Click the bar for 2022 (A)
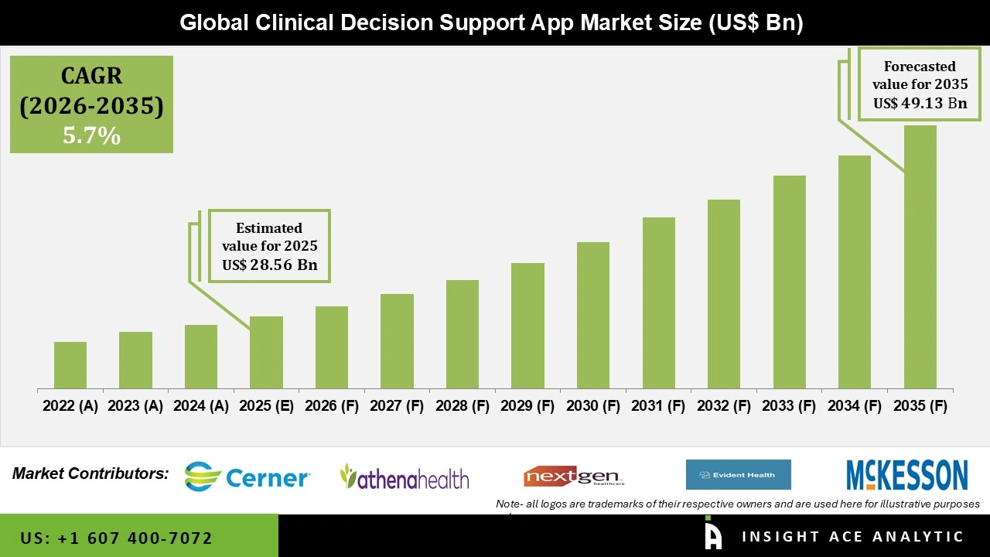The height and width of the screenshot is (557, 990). [x=70, y=365]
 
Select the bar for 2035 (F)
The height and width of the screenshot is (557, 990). [x=920, y=257]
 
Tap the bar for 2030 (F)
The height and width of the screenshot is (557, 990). [x=593, y=315]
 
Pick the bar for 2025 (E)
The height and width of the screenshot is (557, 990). [x=266, y=352]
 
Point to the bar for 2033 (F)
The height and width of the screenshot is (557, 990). [x=789, y=282]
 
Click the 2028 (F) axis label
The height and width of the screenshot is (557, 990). [x=463, y=406]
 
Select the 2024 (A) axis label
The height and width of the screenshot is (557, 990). [x=201, y=406]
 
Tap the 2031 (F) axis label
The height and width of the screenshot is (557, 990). [x=658, y=406]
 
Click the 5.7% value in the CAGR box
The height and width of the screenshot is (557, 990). [x=91, y=136]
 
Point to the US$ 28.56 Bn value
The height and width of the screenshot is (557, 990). [x=269, y=265]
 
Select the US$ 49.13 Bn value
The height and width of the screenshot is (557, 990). [x=920, y=103]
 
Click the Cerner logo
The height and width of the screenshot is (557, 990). [x=247, y=477]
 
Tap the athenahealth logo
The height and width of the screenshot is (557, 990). [x=405, y=477]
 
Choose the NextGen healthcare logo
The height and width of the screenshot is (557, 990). [x=574, y=477]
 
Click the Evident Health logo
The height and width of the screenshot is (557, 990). [x=738, y=475]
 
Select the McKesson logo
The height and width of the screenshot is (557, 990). [x=906, y=475]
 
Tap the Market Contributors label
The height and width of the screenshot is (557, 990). [x=90, y=473]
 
